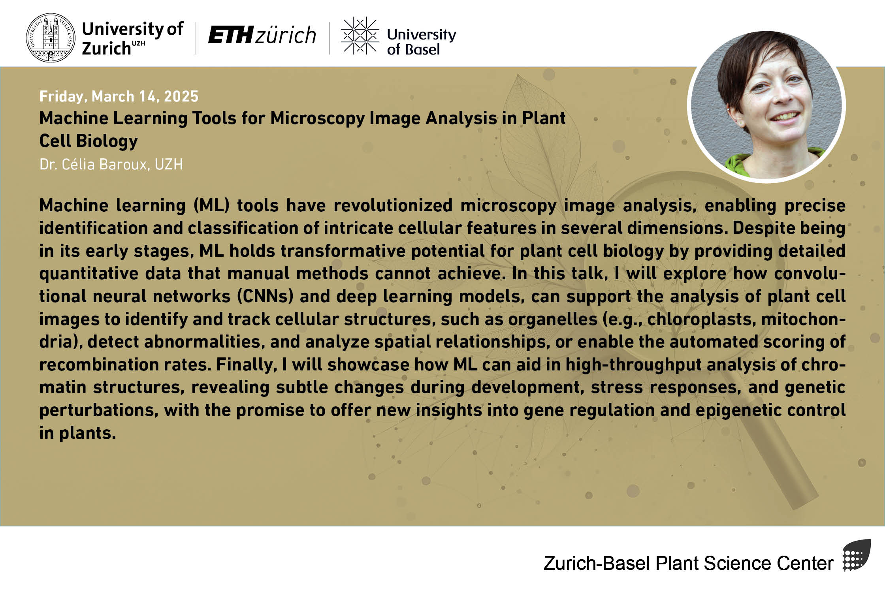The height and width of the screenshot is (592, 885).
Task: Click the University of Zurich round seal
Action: [x=51, y=38]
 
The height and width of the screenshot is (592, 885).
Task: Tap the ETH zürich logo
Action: [x=262, y=35]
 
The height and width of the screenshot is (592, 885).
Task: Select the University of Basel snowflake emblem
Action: [x=360, y=36]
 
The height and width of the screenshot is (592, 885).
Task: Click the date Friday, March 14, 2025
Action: [x=119, y=96]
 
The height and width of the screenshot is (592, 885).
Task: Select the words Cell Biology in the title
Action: [x=88, y=141]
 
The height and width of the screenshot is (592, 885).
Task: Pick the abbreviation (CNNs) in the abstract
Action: [x=265, y=296]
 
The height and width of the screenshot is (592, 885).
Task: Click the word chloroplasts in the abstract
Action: [x=701, y=319]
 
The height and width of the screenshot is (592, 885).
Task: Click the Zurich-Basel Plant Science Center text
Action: [x=689, y=563]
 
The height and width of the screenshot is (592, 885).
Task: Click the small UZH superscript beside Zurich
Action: [x=139, y=43]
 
